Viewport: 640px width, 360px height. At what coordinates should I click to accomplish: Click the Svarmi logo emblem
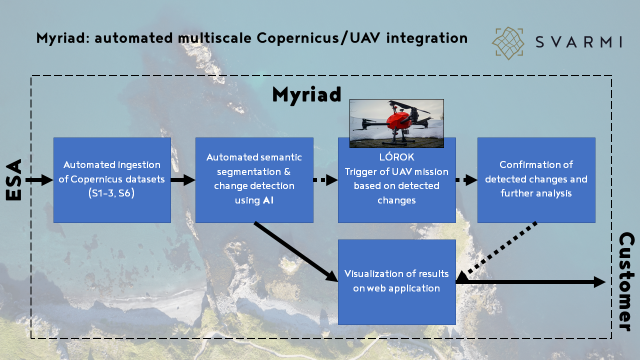click(x=508, y=43)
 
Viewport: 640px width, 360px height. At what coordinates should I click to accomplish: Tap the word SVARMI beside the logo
click(x=578, y=42)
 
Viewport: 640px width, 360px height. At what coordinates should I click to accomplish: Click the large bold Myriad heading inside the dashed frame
click(x=306, y=94)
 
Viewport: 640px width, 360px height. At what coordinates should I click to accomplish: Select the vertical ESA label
click(x=14, y=180)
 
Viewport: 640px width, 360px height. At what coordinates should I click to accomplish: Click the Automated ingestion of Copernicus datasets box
click(x=112, y=180)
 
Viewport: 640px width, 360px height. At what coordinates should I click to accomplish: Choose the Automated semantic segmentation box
click(x=254, y=180)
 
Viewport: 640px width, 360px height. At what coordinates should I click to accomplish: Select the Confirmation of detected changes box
click(x=536, y=180)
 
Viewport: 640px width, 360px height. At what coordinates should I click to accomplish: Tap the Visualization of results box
click(x=396, y=281)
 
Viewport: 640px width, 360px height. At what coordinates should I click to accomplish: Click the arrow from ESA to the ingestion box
click(x=39, y=180)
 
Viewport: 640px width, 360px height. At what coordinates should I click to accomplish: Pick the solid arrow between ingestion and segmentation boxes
click(x=183, y=180)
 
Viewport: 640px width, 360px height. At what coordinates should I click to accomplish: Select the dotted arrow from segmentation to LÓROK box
click(x=325, y=180)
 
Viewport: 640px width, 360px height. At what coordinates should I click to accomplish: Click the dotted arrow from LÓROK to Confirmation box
click(x=466, y=180)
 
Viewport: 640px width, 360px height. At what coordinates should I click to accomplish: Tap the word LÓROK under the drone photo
click(x=396, y=157)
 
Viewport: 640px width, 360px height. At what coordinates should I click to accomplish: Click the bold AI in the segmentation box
click(x=268, y=200)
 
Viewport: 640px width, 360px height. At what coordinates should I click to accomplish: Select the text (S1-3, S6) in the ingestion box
click(x=111, y=193)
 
